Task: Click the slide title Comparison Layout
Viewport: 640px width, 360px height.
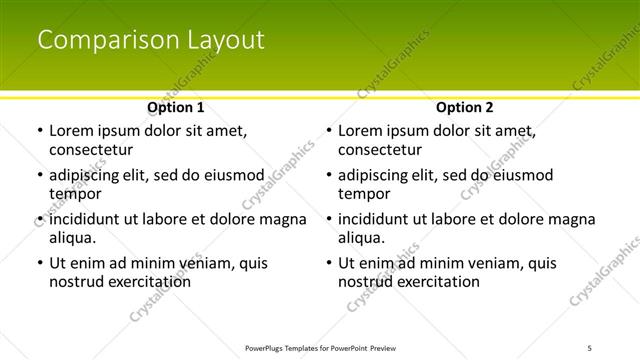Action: click(151, 40)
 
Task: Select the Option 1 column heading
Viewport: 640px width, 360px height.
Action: click(176, 107)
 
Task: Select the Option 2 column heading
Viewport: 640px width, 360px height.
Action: click(465, 107)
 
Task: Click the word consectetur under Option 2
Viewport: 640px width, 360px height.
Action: click(380, 150)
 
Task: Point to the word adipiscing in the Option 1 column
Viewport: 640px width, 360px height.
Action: click(86, 176)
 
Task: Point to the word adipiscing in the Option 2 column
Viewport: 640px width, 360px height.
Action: click(375, 176)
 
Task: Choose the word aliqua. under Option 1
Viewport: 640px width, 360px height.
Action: click(73, 238)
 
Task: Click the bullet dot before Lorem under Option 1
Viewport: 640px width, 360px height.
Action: click(39, 132)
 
